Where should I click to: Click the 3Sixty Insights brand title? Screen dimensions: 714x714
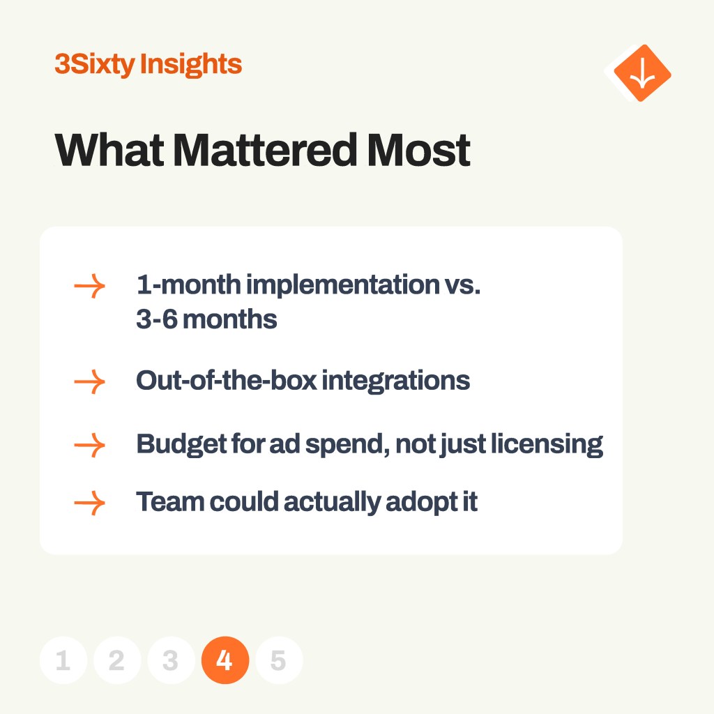[148, 64]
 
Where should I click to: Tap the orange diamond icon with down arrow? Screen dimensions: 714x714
[642, 73]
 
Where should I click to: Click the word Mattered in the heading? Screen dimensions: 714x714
[265, 150]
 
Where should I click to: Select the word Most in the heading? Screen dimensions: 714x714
[418, 150]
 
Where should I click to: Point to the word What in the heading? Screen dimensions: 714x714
[109, 150]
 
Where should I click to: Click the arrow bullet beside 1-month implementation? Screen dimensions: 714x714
[90, 286]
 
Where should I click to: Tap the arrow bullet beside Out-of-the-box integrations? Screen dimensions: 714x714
[90, 381]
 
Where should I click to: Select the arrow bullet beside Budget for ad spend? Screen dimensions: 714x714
[90, 445]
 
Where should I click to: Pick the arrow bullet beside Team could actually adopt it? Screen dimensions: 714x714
[90, 503]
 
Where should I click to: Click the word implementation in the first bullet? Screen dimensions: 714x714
[343, 285]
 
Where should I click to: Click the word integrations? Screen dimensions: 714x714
[396, 381]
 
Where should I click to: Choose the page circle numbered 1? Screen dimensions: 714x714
[63, 660]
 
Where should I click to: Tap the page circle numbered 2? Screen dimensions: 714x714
[117, 660]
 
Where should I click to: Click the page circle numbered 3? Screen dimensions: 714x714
[171, 660]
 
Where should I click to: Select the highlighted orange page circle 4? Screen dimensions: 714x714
[225, 660]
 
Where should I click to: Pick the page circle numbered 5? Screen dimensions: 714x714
[279, 660]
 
